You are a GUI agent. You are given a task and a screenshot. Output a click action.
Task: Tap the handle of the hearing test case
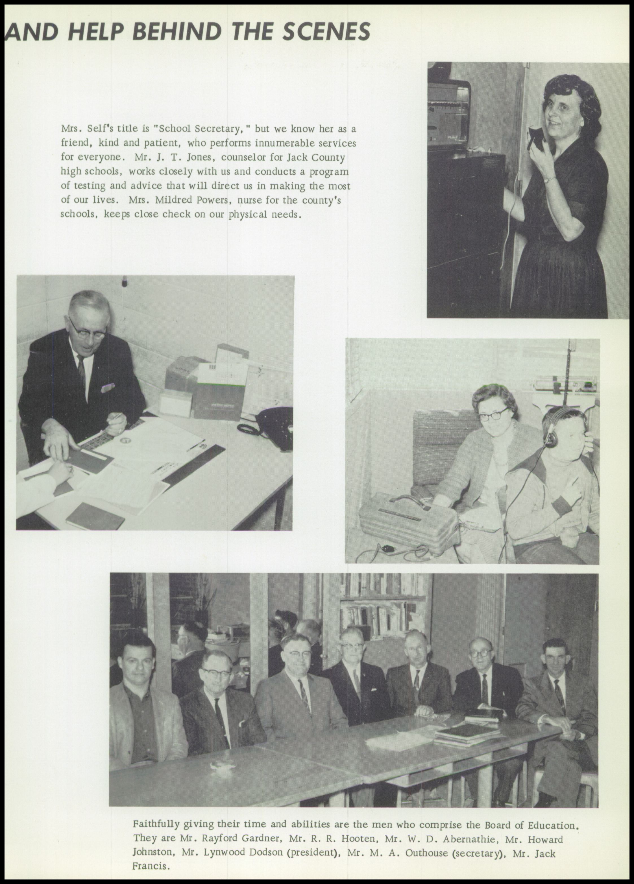(411, 499)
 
